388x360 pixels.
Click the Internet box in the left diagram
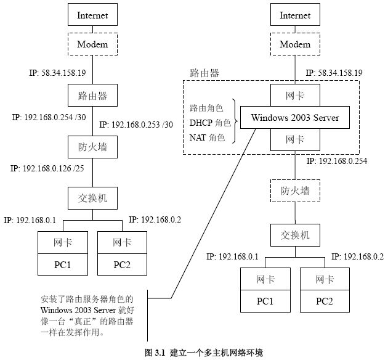[x=92, y=15]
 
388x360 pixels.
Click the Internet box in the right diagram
[x=295, y=15]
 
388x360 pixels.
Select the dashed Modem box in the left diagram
[x=92, y=44]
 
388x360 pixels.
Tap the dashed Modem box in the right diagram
[x=295, y=44]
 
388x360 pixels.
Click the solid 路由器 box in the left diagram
[x=92, y=96]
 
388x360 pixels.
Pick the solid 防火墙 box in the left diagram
[x=92, y=147]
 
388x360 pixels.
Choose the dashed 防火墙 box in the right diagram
[x=295, y=190]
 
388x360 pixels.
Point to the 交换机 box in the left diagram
[x=92, y=199]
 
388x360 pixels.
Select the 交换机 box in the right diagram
[x=295, y=234]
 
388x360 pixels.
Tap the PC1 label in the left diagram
[x=62, y=266]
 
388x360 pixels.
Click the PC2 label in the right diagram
[x=325, y=301]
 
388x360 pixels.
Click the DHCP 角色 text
[x=209, y=122]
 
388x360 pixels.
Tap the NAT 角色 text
[x=208, y=137]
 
